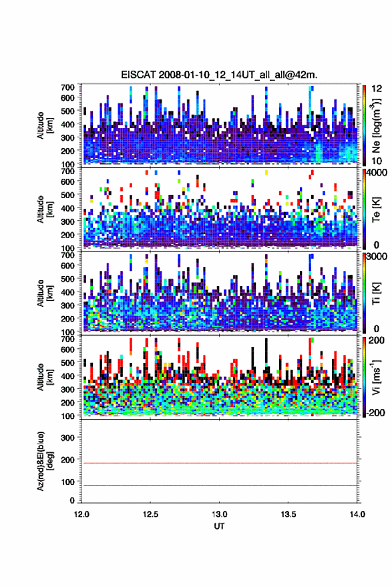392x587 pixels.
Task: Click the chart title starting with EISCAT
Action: pyautogui.click(x=219, y=75)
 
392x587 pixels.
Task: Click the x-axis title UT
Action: pyautogui.click(x=219, y=526)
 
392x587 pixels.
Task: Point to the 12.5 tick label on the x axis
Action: pyautogui.click(x=150, y=514)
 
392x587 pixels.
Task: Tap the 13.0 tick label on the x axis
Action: pyautogui.click(x=219, y=514)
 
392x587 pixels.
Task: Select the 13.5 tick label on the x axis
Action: pyautogui.click(x=288, y=514)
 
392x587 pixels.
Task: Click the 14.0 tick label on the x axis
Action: pyautogui.click(x=357, y=514)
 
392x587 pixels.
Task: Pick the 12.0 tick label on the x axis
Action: pyautogui.click(x=81, y=514)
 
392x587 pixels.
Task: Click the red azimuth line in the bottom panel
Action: pyautogui.click(x=219, y=463)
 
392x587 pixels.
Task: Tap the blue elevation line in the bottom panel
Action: pyautogui.click(x=219, y=485)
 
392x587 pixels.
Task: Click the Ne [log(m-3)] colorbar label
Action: pyautogui.click(x=376, y=126)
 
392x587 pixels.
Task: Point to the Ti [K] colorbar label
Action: pyautogui.click(x=376, y=293)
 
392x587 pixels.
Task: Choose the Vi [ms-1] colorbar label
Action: pyautogui.click(x=376, y=377)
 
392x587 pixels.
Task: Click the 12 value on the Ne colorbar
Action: pyautogui.click(x=377, y=89)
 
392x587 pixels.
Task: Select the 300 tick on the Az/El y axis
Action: pyautogui.click(x=68, y=438)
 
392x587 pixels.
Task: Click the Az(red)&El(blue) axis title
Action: pyautogui.click(x=45, y=461)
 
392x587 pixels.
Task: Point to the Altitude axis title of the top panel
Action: pyautogui.click(x=45, y=125)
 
